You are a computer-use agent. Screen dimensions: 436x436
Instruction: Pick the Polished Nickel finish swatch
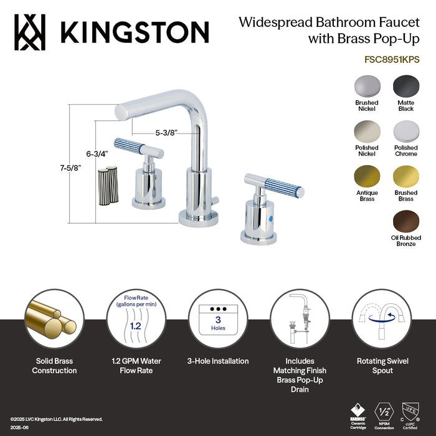click(366, 131)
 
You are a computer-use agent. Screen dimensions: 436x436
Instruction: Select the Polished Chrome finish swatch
click(405, 131)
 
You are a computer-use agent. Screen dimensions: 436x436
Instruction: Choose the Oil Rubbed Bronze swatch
click(405, 221)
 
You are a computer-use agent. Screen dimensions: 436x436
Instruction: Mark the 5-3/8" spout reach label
click(167, 132)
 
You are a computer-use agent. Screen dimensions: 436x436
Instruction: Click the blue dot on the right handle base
click(260, 219)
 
